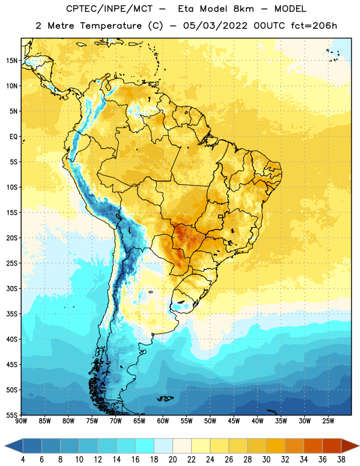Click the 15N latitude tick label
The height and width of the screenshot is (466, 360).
[x=12, y=61]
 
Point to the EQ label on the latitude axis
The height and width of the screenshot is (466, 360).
[x=13, y=137]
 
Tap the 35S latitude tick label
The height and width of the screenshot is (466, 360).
[x=12, y=314]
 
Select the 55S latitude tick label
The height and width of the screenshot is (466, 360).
[x=12, y=415]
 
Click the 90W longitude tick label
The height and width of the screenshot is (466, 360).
[x=21, y=421]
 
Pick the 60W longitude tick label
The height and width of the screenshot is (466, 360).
[x=163, y=421]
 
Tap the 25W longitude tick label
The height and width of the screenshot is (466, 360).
[x=328, y=421]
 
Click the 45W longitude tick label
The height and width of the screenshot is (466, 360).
[x=234, y=421]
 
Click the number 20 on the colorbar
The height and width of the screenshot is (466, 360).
[x=172, y=460]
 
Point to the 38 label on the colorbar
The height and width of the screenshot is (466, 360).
[x=341, y=460]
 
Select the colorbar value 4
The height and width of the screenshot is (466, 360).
[x=23, y=460]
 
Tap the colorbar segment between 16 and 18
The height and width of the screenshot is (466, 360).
[x=144, y=446]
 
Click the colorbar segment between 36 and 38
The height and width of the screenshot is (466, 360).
[x=332, y=446]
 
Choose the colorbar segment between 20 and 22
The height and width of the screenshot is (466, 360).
[x=182, y=446]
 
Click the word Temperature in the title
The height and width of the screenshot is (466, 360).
[x=111, y=26]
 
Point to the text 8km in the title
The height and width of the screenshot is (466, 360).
[x=243, y=9]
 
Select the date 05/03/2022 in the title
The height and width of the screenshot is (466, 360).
[x=215, y=26]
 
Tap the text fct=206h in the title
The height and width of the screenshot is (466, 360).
[x=314, y=26]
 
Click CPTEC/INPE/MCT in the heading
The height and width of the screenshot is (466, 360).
[x=110, y=9]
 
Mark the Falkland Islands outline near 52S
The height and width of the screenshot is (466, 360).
[x=165, y=398]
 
